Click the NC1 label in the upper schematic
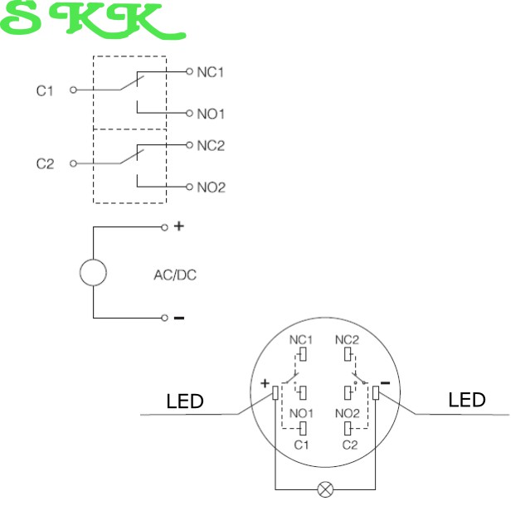click(x=211, y=72)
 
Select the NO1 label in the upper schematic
click(x=211, y=113)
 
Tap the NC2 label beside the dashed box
click(x=211, y=146)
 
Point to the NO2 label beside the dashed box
click(x=211, y=187)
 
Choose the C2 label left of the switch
click(x=45, y=164)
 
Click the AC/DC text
click(x=176, y=275)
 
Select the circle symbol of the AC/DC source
click(x=93, y=272)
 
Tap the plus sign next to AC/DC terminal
click(x=177, y=226)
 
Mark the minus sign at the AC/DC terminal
click(x=178, y=318)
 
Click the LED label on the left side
click(x=185, y=402)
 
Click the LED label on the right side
click(x=466, y=401)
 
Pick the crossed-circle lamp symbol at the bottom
click(x=325, y=490)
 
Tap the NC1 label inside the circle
click(x=300, y=340)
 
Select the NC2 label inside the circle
click(x=347, y=340)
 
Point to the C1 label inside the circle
click(x=302, y=445)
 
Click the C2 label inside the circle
click(x=349, y=445)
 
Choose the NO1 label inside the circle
click(x=300, y=413)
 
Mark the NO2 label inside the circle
click(x=347, y=413)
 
